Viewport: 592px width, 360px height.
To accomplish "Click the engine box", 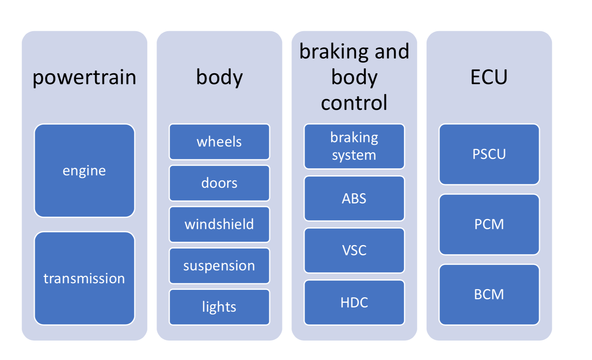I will coord(85,171).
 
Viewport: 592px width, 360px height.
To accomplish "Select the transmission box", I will coord(85,279).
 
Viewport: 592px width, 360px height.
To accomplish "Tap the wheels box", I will coord(219,142).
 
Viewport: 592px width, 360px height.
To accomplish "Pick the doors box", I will coord(219,183).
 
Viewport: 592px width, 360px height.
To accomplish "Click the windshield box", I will coord(219,224).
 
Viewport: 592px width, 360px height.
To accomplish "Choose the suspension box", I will coord(219,266).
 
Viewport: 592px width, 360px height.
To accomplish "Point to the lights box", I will coord(219,307).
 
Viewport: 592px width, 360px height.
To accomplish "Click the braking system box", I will coord(354,146).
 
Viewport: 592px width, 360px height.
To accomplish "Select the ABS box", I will coord(354,199).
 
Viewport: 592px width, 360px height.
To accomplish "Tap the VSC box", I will coord(354,251).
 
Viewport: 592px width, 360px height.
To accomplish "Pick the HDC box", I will coord(354,302).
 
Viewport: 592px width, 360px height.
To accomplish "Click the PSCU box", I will coord(489,154).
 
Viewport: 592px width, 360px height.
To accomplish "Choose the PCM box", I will coord(489,224).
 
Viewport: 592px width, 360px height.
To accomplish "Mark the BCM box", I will coord(489,295).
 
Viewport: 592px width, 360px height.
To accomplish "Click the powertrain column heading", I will coord(85,77).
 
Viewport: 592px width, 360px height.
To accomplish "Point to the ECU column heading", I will coord(489,77).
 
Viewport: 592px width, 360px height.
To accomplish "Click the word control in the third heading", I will coord(354,103).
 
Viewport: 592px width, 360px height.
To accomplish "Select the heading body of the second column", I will coord(219,77).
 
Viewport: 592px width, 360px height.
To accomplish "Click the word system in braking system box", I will coord(354,155).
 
